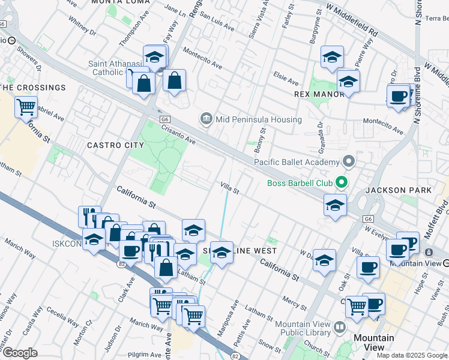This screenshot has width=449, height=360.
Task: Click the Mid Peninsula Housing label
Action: coord(259,119)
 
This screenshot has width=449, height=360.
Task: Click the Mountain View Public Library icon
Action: coord(340,328)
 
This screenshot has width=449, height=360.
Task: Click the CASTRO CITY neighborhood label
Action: coord(115,145)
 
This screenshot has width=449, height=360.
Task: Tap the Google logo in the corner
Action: coord(19,353)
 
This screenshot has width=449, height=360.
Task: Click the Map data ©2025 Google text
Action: coord(412,355)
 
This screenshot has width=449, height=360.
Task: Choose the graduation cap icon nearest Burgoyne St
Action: coord(332,59)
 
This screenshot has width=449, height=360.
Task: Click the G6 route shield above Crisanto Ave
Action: coord(164,119)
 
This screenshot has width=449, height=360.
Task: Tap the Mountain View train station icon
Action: coord(430,252)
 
